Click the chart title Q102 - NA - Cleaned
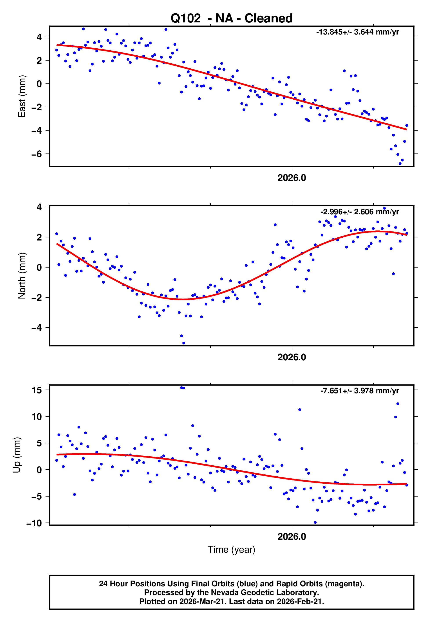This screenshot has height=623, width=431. tap(232, 18)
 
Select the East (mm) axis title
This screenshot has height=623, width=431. tap(22, 96)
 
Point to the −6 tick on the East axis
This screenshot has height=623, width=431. tap(37, 154)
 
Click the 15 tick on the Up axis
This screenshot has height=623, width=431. tap(37, 390)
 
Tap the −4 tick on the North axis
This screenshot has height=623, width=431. tap(37, 328)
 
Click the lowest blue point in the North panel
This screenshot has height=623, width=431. tap(184, 343)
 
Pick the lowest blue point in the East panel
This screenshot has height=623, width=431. tap(400, 164)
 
